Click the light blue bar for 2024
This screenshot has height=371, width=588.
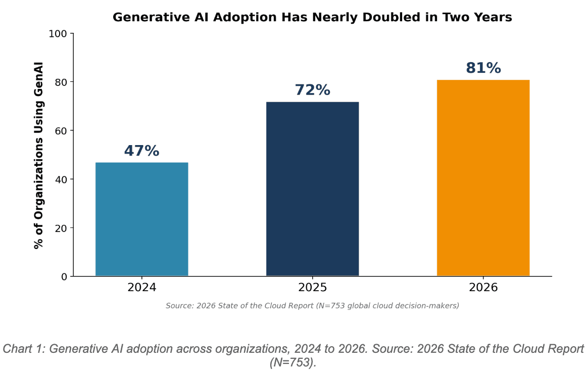[x=141, y=219]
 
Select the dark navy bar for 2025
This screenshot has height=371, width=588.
[x=312, y=189]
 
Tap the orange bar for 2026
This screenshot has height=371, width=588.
[x=483, y=178]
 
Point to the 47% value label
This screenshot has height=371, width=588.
[x=141, y=151]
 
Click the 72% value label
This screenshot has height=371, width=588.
[x=312, y=90]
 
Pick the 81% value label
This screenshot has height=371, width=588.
[x=483, y=68]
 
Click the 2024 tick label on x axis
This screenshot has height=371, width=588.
[x=141, y=288]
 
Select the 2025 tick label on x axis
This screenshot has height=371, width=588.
[x=312, y=288]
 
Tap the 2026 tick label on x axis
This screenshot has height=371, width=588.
[x=483, y=288]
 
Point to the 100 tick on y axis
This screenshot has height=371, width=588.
[x=58, y=34]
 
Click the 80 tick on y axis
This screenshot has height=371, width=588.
[x=61, y=82]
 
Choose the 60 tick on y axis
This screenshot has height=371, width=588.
[x=61, y=131]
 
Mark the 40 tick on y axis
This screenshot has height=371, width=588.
[x=61, y=179]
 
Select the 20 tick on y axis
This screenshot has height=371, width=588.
[x=61, y=228]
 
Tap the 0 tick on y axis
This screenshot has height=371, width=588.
[x=64, y=276]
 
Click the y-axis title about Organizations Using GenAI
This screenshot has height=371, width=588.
[x=38, y=155]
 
